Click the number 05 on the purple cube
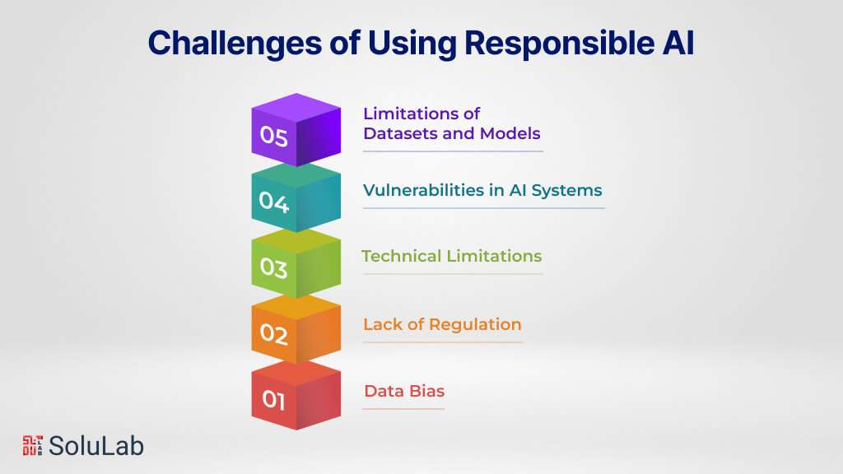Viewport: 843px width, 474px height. (273, 137)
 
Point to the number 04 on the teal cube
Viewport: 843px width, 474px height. (273, 202)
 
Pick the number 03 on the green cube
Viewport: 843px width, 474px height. (273, 268)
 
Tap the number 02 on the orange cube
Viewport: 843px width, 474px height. (273, 335)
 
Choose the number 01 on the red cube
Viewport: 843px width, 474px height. (273, 401)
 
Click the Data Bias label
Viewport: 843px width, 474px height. (403, 391)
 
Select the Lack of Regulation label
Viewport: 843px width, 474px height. (442, 324)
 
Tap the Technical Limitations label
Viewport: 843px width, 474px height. (451, 256)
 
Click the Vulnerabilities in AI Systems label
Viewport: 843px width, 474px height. (482, 190)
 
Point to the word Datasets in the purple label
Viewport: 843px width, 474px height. (399, 132)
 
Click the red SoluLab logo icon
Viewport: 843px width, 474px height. (31, 445)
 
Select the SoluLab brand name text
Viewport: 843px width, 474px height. (96, 446)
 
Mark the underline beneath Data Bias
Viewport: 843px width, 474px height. (403, 408)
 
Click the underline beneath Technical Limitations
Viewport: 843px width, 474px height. (451, 274)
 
